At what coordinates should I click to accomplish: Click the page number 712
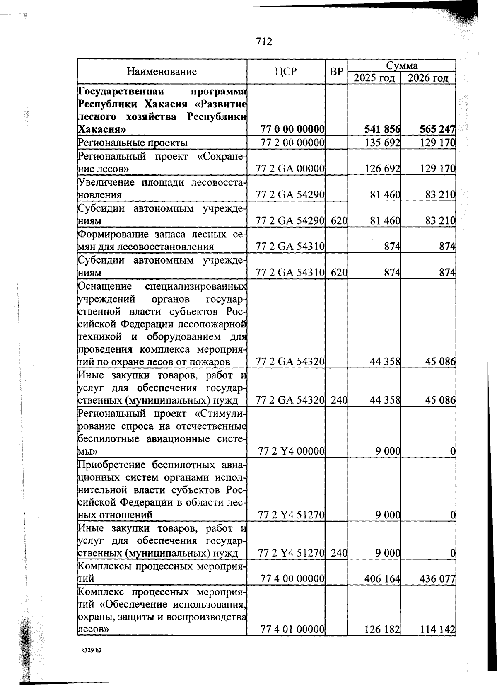[264, 41]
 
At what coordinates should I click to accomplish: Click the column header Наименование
[162, 72]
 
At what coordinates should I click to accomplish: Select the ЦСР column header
[286, 72]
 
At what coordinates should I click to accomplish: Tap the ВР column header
[336, 72]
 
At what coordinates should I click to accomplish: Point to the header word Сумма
[402, 65]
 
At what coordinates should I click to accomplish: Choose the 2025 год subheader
[374, 78]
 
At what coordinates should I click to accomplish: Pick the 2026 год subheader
[428, 78]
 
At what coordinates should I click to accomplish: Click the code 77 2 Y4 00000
[291, 451]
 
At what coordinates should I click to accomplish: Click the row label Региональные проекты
[133, 143]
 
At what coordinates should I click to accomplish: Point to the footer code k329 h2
[92, 651]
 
